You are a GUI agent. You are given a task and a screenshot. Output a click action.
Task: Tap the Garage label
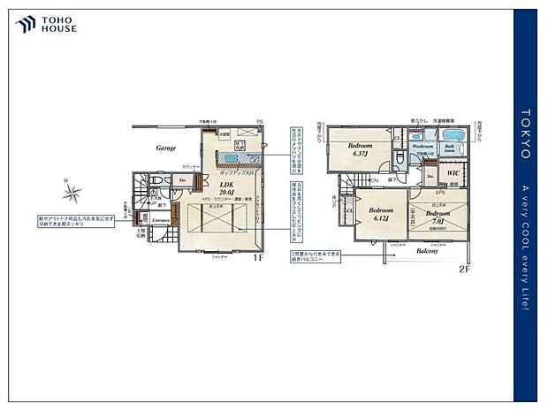166,148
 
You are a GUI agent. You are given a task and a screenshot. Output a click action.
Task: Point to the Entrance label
160,219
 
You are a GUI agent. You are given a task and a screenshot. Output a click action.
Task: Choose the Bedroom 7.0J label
438,217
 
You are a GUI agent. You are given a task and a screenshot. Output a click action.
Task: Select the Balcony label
428,251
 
